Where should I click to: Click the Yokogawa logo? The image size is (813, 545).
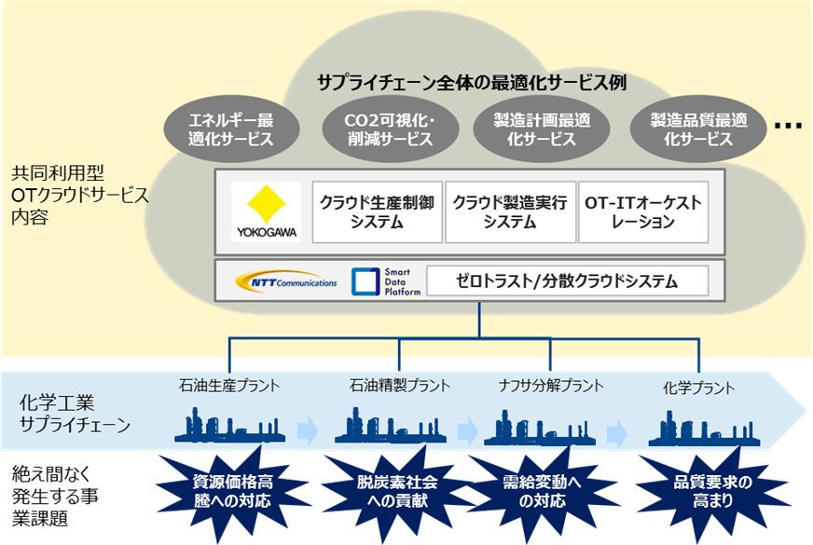[x=266, y=211]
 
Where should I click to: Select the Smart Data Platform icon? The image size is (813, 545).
[x=365, y=281]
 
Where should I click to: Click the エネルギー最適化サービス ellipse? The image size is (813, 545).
[x=230, y=130]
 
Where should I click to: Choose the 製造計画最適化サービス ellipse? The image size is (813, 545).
[x=541, y=130]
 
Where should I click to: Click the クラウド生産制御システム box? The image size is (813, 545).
[x=376, y=212]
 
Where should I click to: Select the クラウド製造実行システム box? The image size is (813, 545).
[x=510, y=212]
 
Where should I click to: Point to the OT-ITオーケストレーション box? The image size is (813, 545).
[x=642, y=212]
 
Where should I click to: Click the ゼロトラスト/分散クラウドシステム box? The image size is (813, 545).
[x=566, y=280]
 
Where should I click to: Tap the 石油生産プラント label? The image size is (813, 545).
[x=229, y=384]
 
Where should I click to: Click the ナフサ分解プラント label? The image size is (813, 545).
[x=551, y=385]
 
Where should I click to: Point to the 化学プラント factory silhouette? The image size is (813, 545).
[x=698, y=427]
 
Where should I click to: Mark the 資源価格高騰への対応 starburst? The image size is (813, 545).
[x=232, y=491]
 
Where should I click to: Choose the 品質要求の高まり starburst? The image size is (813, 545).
[x=712, y=491]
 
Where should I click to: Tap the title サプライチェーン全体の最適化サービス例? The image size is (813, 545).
[x=471, y=82]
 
